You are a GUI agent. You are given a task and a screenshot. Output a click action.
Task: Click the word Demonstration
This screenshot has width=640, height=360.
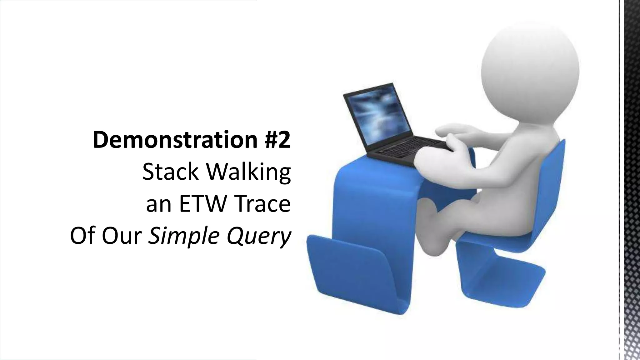(x=175, y=140)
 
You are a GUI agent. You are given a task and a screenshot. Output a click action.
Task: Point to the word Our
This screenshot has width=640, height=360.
(x=121, y=236)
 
